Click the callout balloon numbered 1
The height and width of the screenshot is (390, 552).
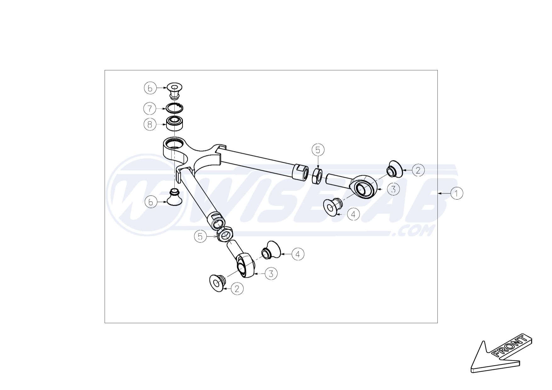[x=456, y=193]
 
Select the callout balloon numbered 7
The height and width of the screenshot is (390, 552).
[x=150, y=109]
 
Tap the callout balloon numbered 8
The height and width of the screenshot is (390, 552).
[x=150, y=125]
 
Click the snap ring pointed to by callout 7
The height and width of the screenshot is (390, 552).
[x=175, y=108]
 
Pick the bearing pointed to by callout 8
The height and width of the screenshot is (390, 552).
[x=175, y=124]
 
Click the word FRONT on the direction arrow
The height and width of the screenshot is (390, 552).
[x=510, y=346]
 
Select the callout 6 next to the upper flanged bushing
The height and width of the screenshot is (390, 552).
[x=150, y=88]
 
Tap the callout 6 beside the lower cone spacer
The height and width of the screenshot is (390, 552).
[x=151, y=202]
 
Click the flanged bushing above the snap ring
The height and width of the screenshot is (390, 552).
[x=175, y=91]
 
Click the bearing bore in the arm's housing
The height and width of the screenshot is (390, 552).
[x=174, y=143]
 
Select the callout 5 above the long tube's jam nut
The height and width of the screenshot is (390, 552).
[x=318, y=150]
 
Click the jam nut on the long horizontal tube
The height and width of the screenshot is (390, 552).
[x=317, y=176]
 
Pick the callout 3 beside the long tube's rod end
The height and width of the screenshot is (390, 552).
[x=393, y=189]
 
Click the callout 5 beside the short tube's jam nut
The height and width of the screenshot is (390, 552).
[x=200, y=236]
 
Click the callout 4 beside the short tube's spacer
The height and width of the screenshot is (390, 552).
[x=298, y=254]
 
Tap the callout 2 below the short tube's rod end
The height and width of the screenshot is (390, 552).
[x=237, y=289]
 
